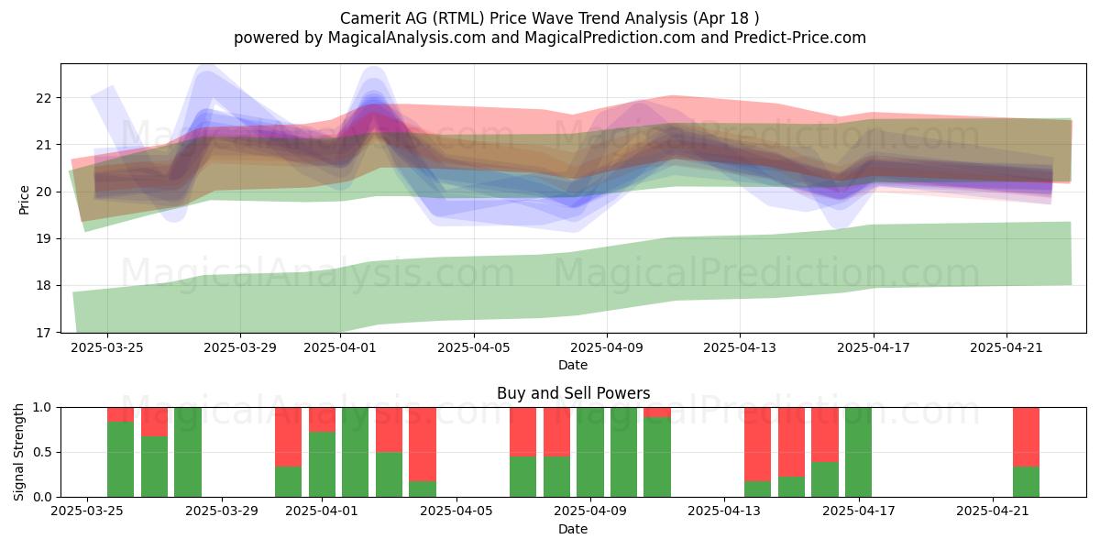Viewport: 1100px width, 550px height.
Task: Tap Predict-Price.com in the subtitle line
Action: coord(800,38)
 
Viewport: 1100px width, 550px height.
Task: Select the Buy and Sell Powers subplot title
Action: coord(573,393)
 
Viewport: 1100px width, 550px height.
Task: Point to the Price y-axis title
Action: coord(24,200)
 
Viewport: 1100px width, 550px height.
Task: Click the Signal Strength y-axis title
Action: coord(18,452)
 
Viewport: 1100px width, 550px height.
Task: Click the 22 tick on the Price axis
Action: coord(43,98)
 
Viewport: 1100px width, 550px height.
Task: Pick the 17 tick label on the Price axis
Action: coord(43,333)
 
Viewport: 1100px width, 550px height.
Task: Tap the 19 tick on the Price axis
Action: coord(43,239)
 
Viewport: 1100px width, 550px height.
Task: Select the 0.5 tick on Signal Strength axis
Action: coord(42,452)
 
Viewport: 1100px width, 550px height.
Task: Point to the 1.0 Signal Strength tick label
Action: coord(42,408)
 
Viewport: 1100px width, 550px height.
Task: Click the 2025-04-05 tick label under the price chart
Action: coord(474,347)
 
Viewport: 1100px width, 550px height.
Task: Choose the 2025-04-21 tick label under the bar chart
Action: coord(993,511)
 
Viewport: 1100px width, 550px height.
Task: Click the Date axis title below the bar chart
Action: coord(573,529)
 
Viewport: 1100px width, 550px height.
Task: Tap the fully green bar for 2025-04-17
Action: coord(858,452)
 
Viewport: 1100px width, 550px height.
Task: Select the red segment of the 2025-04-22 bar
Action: coord(1027,437)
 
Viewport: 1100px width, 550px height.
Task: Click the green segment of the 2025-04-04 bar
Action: coord(423,489)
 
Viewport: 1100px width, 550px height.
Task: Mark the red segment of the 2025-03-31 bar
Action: coord(288,437)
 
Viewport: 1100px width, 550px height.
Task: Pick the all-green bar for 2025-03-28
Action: coord(188,452)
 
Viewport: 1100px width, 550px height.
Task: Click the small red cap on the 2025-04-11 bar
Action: coord(657,412)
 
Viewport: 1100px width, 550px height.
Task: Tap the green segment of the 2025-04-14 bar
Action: coord(758,489)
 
